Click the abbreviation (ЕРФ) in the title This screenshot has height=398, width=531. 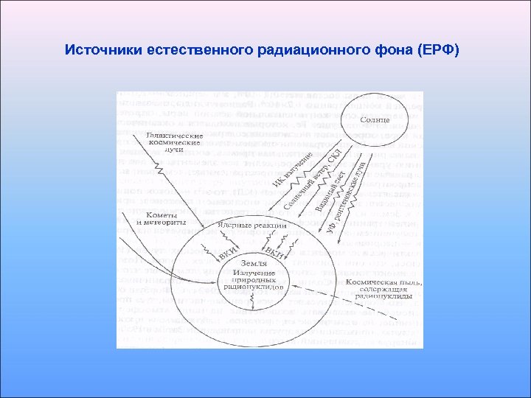tap(438, 51)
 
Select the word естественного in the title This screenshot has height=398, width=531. tap(192, 51)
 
